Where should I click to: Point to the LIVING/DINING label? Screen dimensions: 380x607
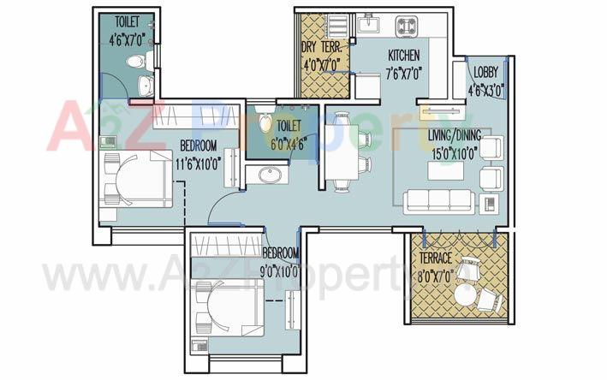coord(455,135)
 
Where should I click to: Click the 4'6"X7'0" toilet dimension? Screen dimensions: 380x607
coord(125,37)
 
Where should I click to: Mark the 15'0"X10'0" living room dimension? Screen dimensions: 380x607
coord(455,151)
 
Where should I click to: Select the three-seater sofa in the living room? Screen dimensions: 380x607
coord(438,201)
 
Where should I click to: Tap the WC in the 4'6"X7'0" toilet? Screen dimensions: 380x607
coord(137,61)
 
